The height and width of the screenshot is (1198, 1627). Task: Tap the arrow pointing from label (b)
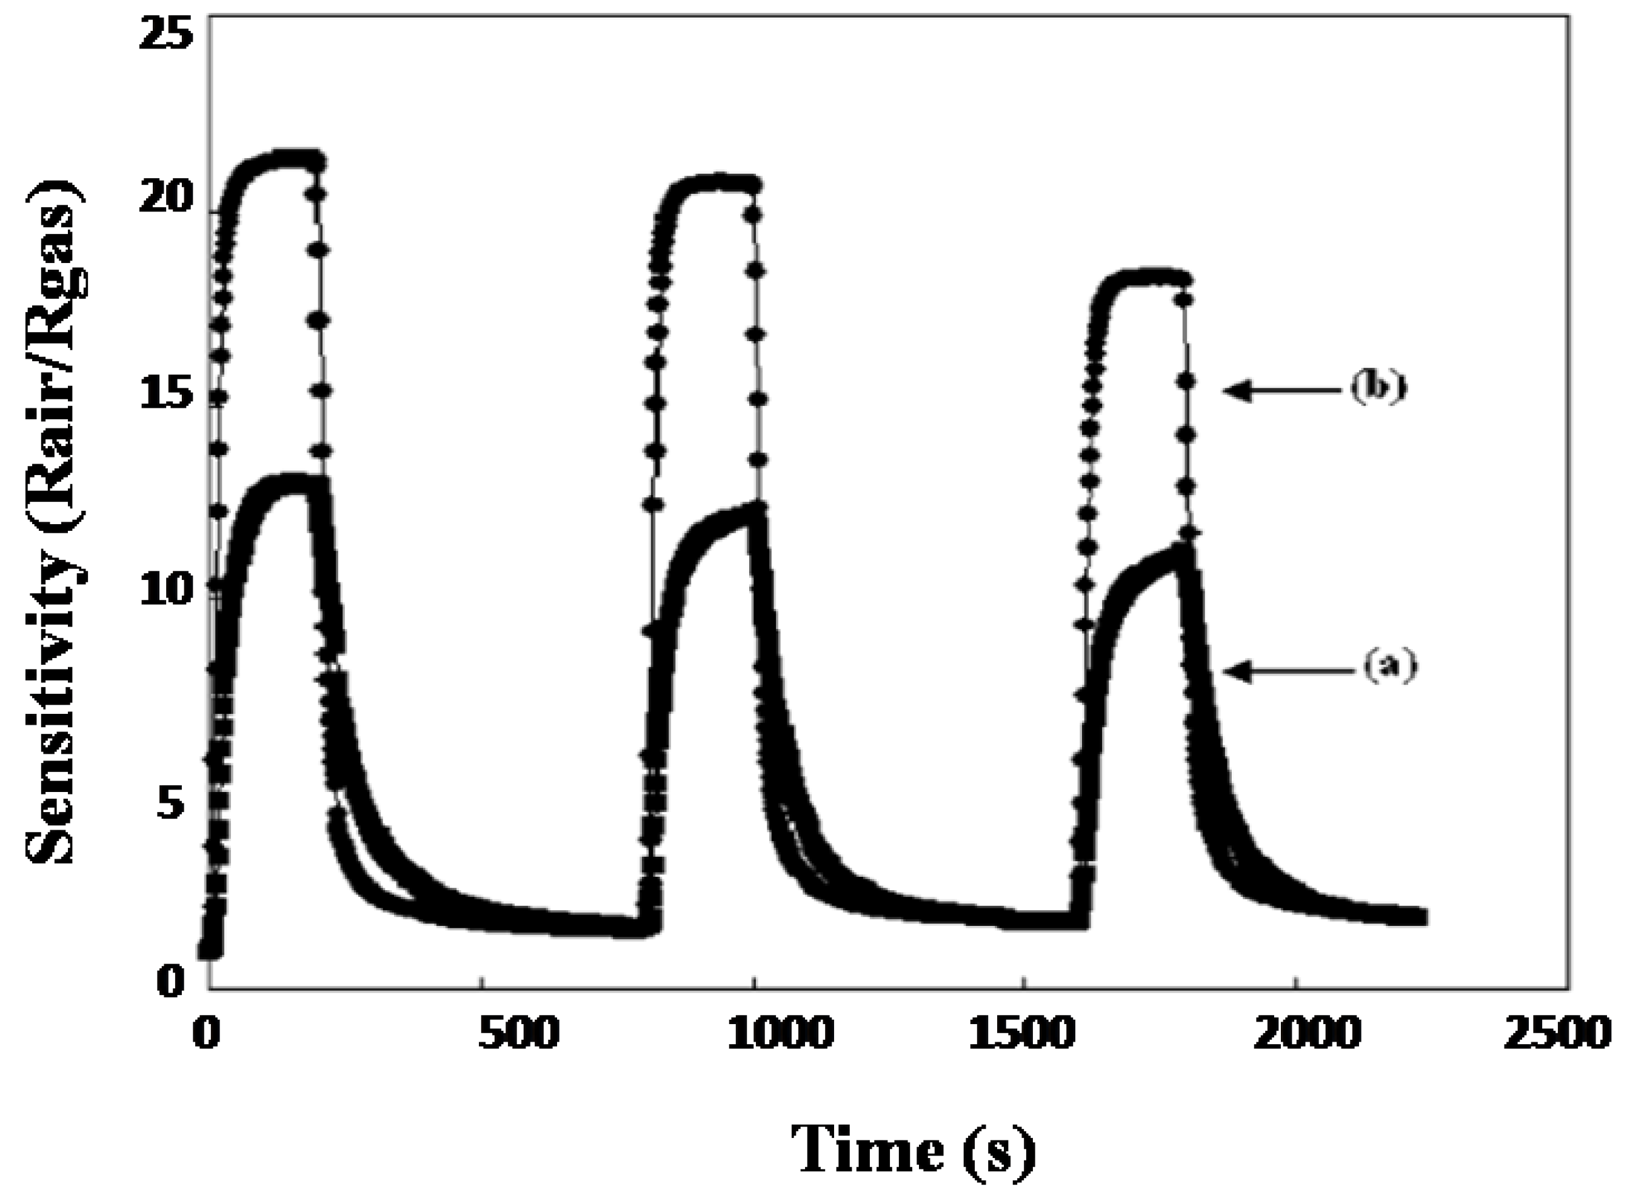pos(1280,390)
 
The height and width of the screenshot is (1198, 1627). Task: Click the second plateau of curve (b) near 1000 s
pos(715,181)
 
